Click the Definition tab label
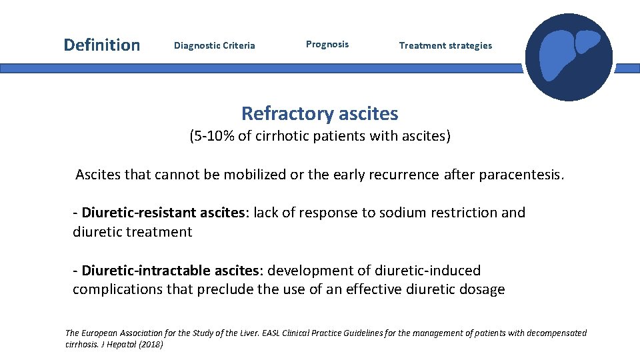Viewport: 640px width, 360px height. pos(101,45)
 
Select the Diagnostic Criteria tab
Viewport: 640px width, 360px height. pos(214,46)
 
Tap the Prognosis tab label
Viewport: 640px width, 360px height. pos(327,45)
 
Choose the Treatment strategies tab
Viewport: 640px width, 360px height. pos(445,46)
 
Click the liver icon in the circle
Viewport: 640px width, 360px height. pos(568,57)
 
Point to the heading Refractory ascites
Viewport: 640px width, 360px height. pos(319,113)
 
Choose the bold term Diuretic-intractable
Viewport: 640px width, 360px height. pos(144,271)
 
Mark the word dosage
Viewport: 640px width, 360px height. pos(482,289)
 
